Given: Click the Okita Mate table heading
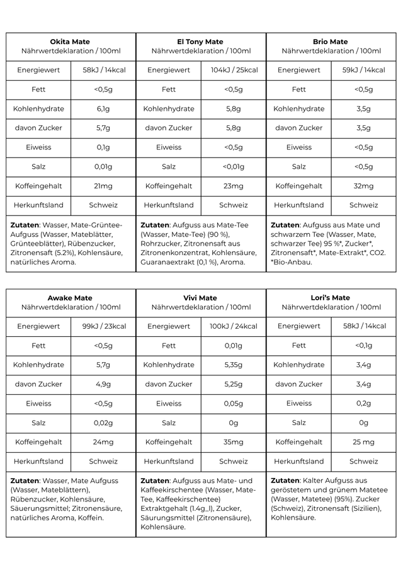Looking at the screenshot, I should click(70, 42).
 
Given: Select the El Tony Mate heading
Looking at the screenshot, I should click(200, 42).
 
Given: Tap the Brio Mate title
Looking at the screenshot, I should click(331, 42).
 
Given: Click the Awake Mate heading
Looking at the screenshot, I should click(70, 297).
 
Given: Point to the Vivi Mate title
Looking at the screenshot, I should click(200, 297).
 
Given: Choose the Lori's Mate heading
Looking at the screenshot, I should click(331, 297).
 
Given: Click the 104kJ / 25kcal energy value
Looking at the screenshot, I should click(233, 70).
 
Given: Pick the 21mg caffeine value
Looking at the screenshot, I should click(103, 186).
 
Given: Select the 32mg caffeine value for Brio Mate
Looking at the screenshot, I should click(363, 186).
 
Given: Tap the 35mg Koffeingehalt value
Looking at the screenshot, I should click(233, 442).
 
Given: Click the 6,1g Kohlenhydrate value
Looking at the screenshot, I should click(103, 108).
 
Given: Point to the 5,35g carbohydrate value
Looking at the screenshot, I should click(233, 365).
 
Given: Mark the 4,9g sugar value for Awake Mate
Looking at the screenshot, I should click(103, 384).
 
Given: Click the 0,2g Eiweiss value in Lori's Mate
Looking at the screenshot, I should click(363, 403).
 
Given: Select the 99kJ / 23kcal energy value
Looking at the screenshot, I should click(103, 326).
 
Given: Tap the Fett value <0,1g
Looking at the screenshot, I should click(363, 345).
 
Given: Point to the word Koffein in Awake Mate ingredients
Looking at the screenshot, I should click(91, 518).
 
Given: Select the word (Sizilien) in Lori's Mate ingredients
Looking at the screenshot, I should click(360, 508).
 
